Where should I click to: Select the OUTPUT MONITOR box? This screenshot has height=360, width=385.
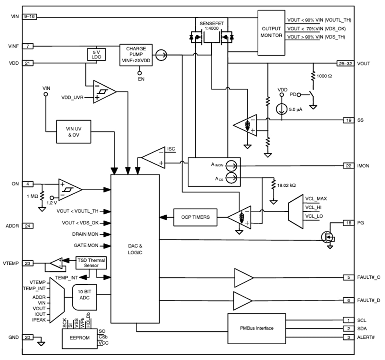[271, 33]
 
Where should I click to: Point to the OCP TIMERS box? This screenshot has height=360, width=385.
[195, 217]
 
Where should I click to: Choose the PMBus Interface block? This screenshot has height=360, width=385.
[256, 328]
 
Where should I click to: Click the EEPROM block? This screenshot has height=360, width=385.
[79, 338]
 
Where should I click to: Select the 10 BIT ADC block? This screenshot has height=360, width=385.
[84, 297]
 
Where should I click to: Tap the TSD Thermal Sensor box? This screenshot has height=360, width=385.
[91, 263]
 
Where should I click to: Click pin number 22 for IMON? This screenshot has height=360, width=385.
[349, 166]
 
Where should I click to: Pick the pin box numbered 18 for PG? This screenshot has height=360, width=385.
[349, 223]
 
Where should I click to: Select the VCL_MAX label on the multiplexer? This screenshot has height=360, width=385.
[316, 199]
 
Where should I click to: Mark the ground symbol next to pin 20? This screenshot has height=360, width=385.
[41, 342]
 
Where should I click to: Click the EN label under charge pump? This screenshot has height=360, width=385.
[141, 79]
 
